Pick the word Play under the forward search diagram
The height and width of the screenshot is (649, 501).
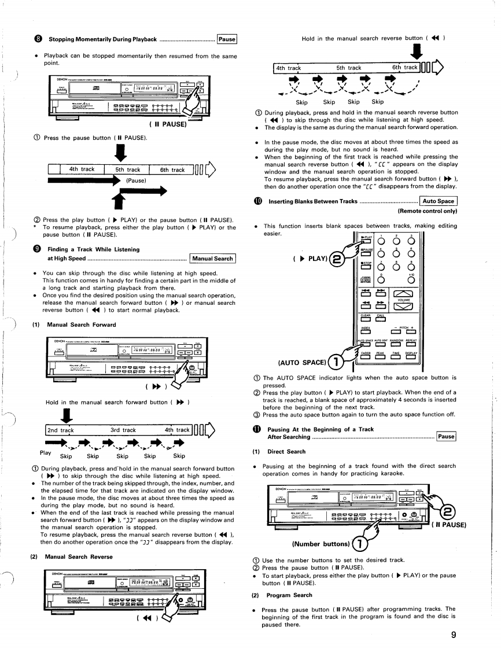coord(46,452)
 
